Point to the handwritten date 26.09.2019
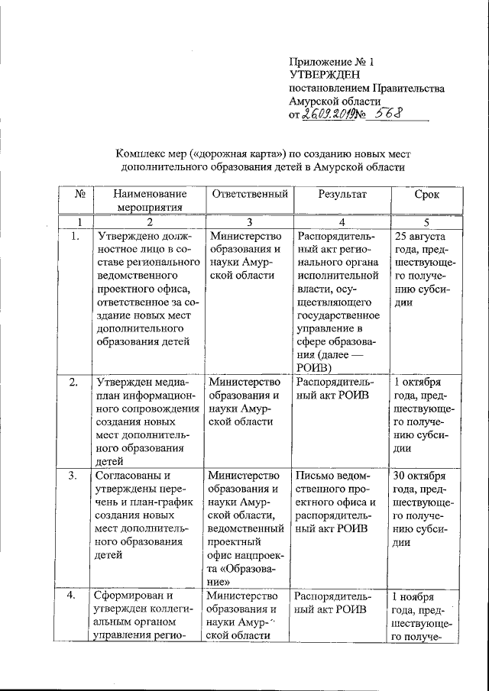327,115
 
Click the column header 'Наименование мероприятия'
150,200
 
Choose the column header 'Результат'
342,194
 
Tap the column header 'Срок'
426,194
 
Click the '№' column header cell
78,194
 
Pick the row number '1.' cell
76,237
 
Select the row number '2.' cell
76,382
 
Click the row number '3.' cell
76,476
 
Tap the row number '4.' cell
76,596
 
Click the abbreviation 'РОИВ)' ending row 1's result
315,367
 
